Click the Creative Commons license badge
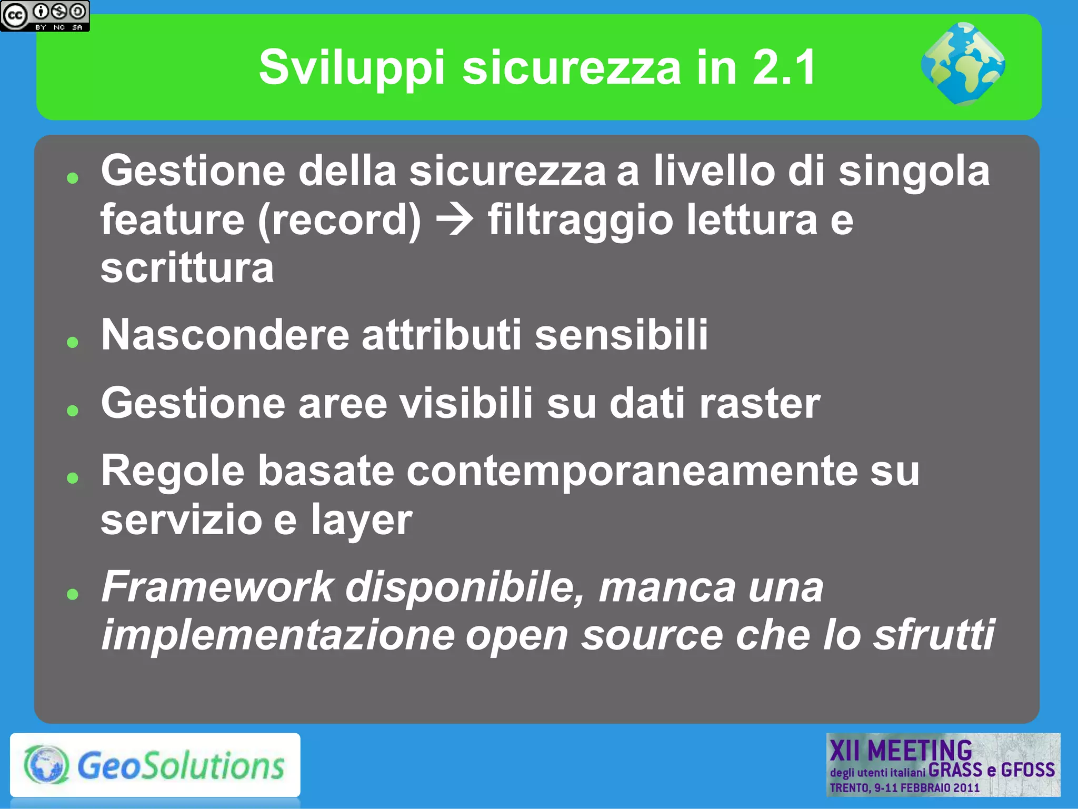(x=45, y=16)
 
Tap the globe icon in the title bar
(x=963, y=64)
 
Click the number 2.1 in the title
(x=784, y=67)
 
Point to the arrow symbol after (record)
(x=454, y=220)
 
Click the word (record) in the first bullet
(x=340, y=220)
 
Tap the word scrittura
(x=187, y=268)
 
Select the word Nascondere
(x=225, y=335)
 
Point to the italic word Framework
(x=217, y=587)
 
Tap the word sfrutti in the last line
(x=934, y=635)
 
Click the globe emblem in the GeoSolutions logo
(x=46, y=765)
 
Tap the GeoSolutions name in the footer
(x=181, y=765)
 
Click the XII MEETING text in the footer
(x=901, y=751)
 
